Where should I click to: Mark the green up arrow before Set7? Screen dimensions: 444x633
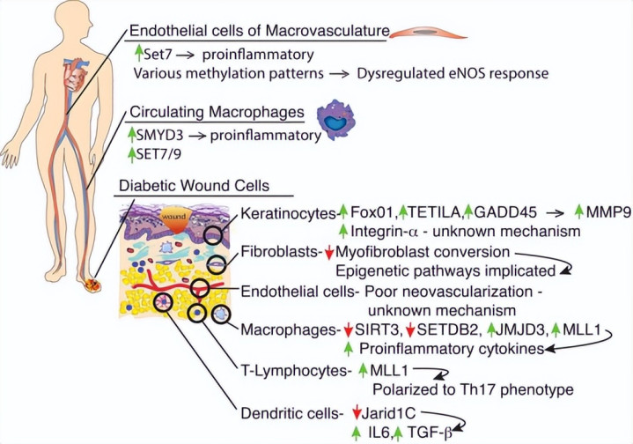138,52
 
